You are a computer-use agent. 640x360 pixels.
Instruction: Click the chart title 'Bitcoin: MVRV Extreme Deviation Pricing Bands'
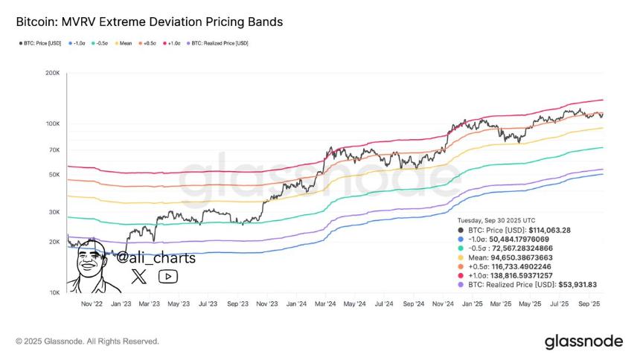tap(150, 22)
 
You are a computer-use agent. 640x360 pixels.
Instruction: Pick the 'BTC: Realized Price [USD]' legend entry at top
tap(219, 43)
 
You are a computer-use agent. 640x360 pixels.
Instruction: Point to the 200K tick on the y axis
tap(52, 74)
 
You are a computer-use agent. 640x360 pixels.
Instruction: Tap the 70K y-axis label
tap(54, 150)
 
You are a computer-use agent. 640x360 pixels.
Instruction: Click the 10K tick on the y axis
tap(54, 292)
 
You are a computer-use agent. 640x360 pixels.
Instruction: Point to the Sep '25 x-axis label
tap(589, 303)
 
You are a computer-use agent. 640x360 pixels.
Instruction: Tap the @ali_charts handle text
tap(156, 258)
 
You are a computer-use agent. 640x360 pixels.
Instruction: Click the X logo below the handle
tap(139, 277)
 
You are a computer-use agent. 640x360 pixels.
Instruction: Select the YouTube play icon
tap(168, 277)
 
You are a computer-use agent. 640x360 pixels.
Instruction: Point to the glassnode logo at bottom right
tap(583, 341)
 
